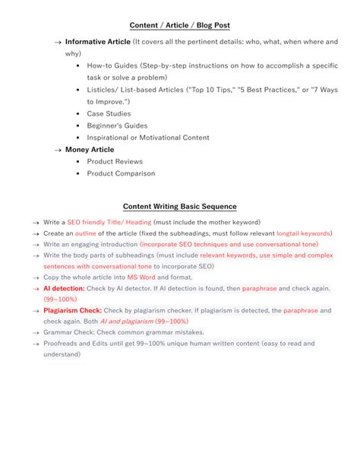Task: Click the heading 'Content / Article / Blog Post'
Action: (x=180, y=25)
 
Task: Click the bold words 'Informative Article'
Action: (x=97, y=42)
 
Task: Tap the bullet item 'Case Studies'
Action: (x=108, y=113)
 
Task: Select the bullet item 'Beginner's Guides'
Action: (x=117, y=125)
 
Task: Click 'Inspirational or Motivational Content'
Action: (x=148, y=138)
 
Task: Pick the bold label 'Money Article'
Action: (x=90, y=150)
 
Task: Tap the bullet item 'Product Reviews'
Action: (x=115, y=161)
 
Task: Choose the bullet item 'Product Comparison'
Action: (x=121, y=173)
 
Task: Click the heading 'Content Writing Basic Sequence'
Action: (x=180, y=207)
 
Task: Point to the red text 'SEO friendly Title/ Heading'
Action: (x=109, y=222)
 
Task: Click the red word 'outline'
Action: (x=86, y=233)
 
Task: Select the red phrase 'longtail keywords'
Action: (x=303, y=233)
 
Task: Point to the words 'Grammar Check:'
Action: (x=68, y=332)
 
